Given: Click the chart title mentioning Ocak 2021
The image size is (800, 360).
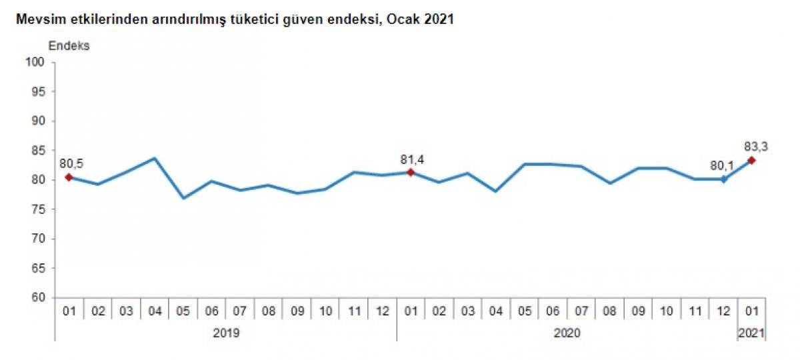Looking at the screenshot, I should [x=230, y=20].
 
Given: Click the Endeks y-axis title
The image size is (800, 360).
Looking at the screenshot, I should [x=69, y=47].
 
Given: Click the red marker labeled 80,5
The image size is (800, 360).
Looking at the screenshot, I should [x=69, y=177].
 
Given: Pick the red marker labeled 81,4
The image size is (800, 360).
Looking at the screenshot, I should [x=411, y=172].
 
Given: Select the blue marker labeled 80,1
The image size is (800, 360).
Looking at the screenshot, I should [x=723, y=179].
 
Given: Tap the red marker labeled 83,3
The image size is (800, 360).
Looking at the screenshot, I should [x=752, y=160].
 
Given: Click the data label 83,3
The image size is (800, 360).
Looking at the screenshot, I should [x=756, y=146].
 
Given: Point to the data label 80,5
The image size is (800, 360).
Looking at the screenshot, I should [x=71, y=163].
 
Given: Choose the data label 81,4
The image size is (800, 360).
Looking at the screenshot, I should [x=413, y=159].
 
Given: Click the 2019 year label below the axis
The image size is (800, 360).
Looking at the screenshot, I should [x=225, y=332].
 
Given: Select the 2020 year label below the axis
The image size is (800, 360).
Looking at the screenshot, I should [x=567, y=332].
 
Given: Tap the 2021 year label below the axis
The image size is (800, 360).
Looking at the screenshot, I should [x=751, y=332].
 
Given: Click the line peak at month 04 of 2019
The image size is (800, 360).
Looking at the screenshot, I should [x=155, y=158].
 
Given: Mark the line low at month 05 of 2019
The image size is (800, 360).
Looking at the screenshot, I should [x=183, y=198].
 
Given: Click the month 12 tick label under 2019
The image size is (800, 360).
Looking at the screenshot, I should [x=383, y=311].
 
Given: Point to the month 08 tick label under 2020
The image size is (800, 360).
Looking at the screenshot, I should [x=610, y=311].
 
